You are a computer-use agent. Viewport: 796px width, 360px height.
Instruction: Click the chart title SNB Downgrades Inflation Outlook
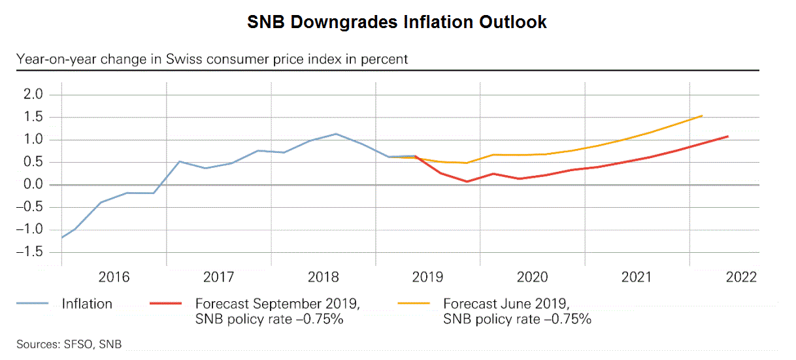click(397, 22)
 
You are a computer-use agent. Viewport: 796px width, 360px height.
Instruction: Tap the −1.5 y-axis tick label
click(31, 252)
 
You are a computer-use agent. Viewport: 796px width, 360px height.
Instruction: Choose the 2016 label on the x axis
click(114, 277)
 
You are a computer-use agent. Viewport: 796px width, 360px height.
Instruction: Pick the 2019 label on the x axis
click(427, 277)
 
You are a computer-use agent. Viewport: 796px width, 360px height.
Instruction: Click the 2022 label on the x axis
click(740, 277)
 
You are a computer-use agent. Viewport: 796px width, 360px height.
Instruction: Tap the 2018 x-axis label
click(323, 277)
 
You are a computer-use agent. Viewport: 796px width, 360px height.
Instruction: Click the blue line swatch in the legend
click(32, 304)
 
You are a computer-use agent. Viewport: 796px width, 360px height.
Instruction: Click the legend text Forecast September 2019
click(277, 304)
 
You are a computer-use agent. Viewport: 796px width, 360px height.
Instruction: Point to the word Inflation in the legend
click(87, 304)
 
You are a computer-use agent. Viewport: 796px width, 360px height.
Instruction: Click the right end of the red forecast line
click(727, 137)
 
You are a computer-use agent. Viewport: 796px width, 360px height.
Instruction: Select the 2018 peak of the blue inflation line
click(336, 134)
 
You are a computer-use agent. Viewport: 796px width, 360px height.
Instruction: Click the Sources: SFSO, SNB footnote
click(69, 344)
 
